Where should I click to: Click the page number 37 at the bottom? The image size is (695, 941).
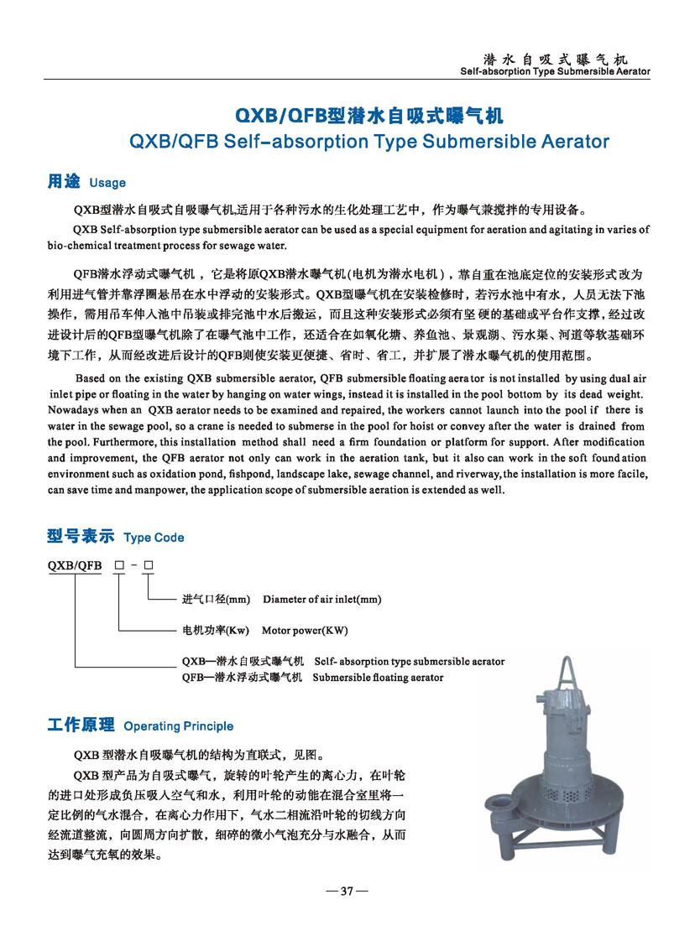(x=345, y=891)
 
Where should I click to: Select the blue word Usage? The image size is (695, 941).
(x=107, y=183)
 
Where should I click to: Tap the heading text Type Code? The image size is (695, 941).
(x=154, y=538)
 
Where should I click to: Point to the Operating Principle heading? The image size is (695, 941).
(x=178, y=725)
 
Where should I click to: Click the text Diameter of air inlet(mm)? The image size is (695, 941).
(x=321, y=600)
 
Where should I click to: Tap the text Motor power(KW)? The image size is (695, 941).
(x=305, y=631)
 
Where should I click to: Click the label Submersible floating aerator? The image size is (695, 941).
(x=378, y=677)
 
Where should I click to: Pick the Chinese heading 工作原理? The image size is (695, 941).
(x=81, y=725)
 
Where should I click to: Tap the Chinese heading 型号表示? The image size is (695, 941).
(x=81, y=537)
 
